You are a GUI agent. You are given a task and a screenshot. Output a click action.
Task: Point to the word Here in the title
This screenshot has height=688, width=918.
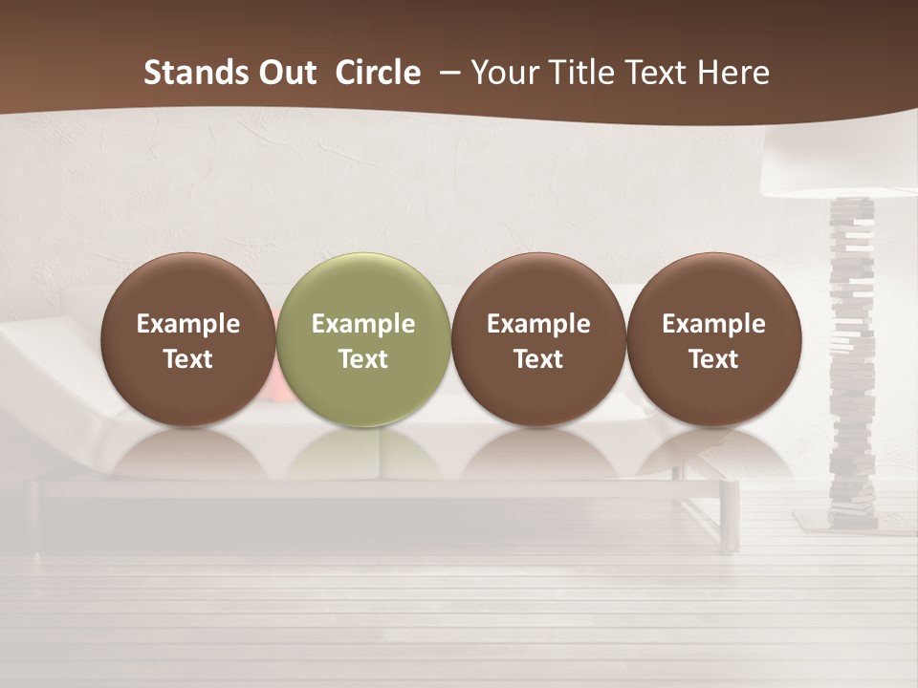[x=733, y=73]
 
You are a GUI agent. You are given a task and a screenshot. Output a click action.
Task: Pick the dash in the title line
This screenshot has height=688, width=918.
[x=448, y=74]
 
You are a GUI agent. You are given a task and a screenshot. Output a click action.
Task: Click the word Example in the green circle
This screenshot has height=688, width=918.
[x=363, y=324]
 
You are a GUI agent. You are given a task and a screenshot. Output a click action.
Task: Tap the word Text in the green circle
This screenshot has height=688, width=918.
[x=363, y=359]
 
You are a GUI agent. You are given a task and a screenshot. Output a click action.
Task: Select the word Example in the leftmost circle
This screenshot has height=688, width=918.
[x=188, y=324]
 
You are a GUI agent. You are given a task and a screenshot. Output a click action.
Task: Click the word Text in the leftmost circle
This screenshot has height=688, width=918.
[x=188, y=359]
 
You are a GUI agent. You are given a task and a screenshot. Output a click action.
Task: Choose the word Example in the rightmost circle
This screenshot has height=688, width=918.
[x=713, y=324]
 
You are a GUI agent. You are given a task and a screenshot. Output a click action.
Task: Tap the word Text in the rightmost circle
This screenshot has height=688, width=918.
[x=713, y=359]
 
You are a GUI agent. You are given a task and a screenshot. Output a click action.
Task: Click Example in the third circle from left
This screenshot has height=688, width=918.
[x=538, y=324]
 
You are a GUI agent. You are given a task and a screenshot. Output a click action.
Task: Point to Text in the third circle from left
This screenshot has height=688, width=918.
[x=538, y=359]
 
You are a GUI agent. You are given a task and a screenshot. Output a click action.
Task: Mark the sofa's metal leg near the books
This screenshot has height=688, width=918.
[x=732, y=516]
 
